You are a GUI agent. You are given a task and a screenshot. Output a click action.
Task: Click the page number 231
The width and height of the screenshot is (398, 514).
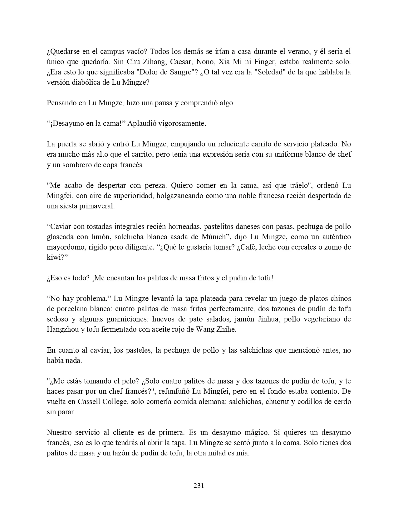[x=199, y=485]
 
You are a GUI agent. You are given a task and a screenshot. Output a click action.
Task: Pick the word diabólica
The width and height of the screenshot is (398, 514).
[x=86, y=82]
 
